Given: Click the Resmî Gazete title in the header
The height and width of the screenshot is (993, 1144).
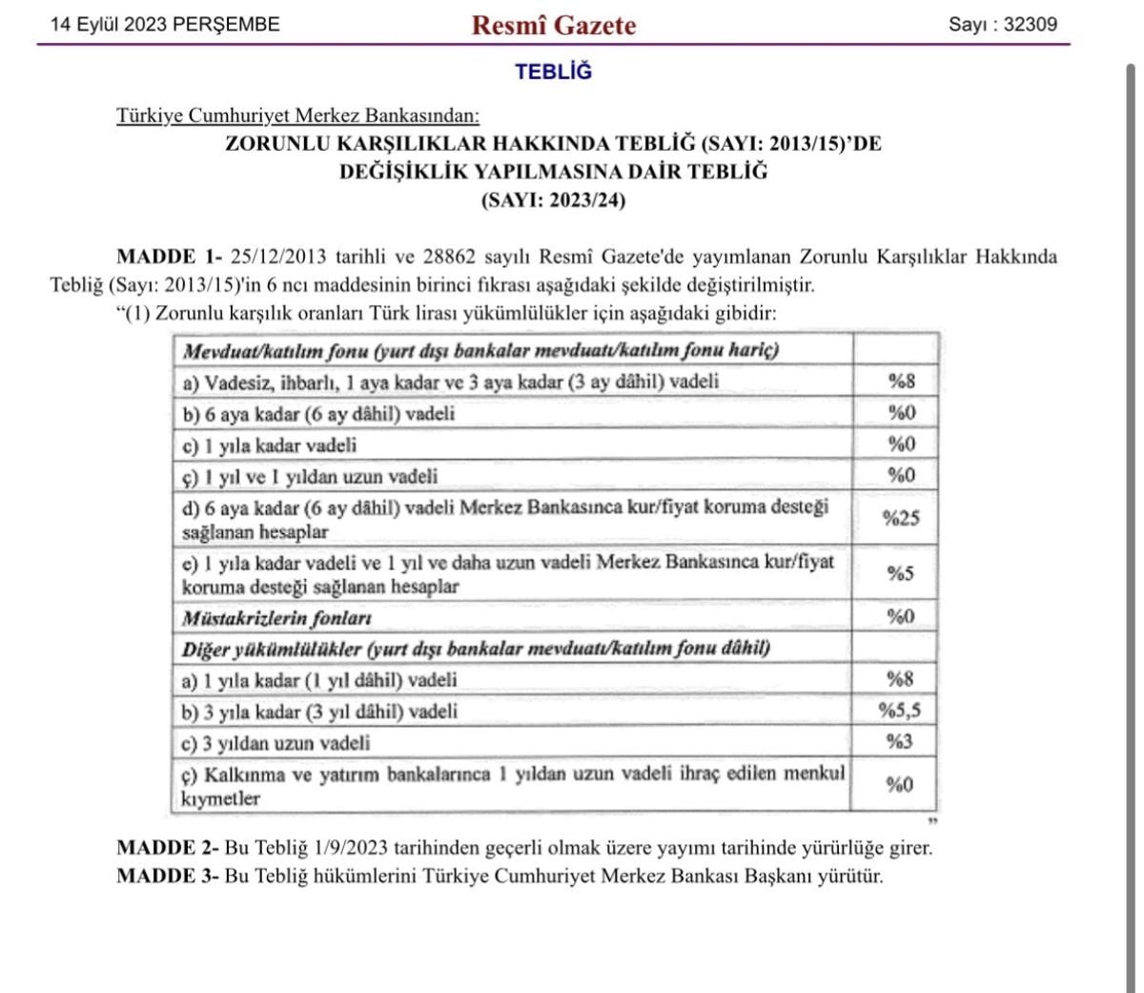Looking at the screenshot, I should [x=553, y=25].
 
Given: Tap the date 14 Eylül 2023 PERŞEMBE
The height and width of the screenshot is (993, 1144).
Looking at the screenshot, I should [x=165, y=25].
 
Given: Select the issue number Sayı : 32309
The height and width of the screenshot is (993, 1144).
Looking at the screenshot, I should [x=1002, y=25].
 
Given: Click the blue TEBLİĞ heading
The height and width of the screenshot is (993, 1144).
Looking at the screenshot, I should [x=553, y=72].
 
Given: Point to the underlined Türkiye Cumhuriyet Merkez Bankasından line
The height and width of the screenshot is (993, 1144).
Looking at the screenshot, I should [x=297, y=115].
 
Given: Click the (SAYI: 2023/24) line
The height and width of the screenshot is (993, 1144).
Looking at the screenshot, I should [x=553, y=200].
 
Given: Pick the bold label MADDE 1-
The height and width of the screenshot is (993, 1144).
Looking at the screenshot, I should [x=169, y=257].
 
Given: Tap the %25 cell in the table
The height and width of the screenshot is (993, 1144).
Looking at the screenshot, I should [x=901, y=518].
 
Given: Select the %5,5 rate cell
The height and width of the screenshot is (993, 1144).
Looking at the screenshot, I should [x=899, y=711].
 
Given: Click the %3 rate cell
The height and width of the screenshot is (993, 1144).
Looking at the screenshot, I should [x=900, y=742].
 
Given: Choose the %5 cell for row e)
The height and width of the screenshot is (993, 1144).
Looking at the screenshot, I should [x=901, y=573].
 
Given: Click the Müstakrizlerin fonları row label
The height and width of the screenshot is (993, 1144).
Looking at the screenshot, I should [x=276, y=618].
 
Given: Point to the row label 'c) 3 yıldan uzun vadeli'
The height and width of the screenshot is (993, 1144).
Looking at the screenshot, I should [x=276, y=743].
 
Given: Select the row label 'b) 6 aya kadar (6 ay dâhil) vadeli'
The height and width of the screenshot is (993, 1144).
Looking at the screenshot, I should [x=318, y=414].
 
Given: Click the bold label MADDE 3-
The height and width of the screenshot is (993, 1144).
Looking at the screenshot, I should [x=168, y=876].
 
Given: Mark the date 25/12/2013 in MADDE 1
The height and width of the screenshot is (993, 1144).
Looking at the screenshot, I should [x=278, y=257].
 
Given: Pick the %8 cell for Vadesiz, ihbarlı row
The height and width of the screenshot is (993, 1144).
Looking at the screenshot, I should [x=901, y=382].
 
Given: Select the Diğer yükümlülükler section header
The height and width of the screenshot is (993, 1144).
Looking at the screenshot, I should [x=476, y=649].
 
